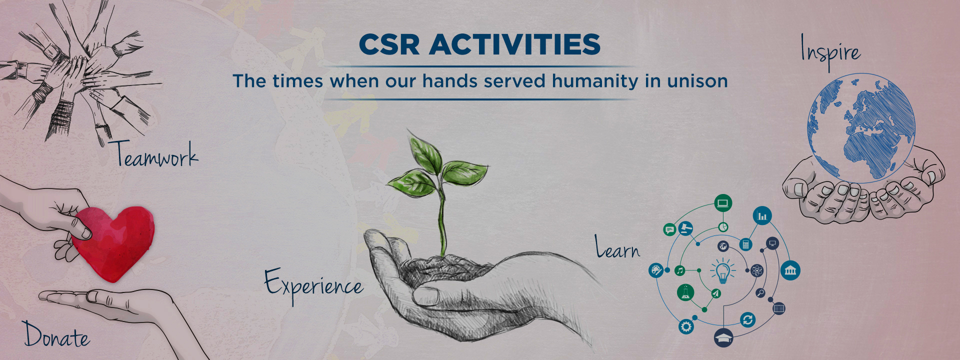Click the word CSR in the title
(389, 44)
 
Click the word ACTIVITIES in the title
(515, 44)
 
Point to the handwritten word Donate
(56, 334)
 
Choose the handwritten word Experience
(313, 285)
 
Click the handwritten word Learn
(617, 247)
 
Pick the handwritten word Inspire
(830, 52)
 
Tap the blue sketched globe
(861, 127)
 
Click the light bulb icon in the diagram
(722, 271)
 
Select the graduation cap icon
(723, 337)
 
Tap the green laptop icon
(723, 203)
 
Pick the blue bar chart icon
(762, 216)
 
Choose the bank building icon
(790, 270)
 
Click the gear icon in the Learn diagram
(686, 327)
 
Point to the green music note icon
(679, 270)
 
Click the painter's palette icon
(655, 270)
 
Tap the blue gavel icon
(685, 228)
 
